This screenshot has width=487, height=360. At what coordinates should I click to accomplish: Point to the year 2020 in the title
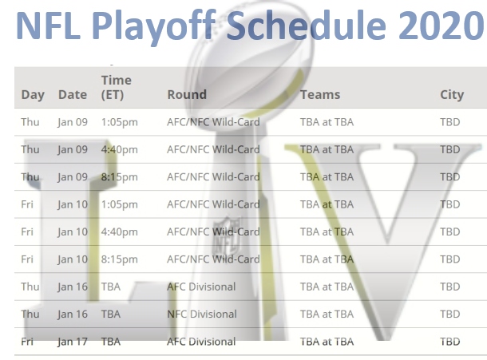(433, 26)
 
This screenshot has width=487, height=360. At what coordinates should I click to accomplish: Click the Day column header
(33, 94)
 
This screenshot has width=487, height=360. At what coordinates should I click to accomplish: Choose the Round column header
(187, 94)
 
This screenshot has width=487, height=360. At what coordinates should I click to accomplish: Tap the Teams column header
(320, 94)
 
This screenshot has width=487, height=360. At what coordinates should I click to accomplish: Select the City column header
(452, 94)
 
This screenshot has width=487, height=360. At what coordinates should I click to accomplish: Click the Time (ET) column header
(117, 87)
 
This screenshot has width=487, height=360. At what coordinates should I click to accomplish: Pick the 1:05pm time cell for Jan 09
(119, 122)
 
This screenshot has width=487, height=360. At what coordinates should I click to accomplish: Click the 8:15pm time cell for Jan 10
(119, 259)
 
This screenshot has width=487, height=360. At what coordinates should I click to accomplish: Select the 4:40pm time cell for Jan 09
(119, 149)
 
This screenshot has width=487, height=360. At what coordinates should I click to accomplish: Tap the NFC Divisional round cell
(201, 314)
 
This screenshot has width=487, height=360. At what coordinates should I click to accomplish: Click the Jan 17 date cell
(73, 342)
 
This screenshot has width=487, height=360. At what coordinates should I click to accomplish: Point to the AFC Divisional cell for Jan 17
(201, 342)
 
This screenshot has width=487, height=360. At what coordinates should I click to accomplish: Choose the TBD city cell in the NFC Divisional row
(450, 314)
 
